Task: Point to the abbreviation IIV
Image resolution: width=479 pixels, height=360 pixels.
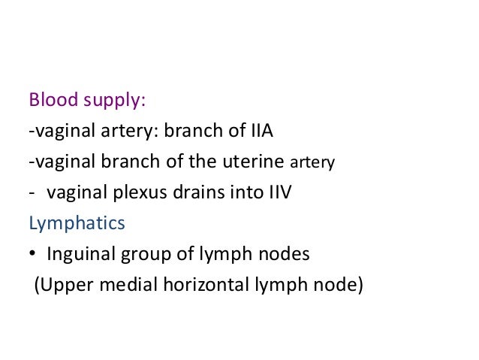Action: tap(279, 192)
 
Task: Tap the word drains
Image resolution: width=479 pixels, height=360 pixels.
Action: tap(191, 192)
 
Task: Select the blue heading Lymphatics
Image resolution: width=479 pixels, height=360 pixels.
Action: tap(77, 224)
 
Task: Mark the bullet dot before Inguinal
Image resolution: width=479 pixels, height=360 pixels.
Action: tap(33, 255)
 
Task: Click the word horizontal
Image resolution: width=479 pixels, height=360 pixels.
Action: tap(192, 286)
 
